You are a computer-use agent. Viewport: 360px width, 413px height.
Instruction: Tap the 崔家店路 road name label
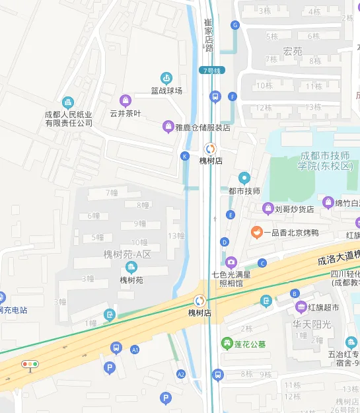(209, 34)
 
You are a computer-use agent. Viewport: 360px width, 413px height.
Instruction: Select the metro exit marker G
(234, 25)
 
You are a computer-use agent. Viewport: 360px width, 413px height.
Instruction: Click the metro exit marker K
(184, 156)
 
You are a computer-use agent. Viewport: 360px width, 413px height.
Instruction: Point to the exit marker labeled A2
(181, 374)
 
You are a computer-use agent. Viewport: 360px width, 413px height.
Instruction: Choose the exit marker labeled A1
(135, 349)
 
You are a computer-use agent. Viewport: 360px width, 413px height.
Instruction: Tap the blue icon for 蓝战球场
(166, 78)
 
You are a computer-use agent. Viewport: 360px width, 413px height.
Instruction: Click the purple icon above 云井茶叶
(125, 100)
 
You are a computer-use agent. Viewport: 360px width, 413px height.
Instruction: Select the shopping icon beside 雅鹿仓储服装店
(169, 127)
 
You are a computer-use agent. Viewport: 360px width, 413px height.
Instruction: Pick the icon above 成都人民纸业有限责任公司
(68, 102)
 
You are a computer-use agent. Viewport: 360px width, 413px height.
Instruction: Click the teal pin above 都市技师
(244, 177)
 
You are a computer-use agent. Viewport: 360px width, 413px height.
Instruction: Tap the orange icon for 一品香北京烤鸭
(256, 232)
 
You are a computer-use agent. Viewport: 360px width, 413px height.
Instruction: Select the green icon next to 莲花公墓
(226, 344)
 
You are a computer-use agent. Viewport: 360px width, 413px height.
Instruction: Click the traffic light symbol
(30, 364)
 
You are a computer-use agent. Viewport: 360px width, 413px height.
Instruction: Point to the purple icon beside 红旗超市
(301, 307)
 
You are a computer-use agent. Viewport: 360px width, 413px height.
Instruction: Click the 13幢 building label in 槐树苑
(176, 236)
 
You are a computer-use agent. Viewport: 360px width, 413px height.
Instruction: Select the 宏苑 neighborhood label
(293, 51)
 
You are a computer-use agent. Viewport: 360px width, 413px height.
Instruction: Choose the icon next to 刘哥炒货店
(268, 209)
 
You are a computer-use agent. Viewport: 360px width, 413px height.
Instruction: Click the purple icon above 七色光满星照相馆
(231, 262)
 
